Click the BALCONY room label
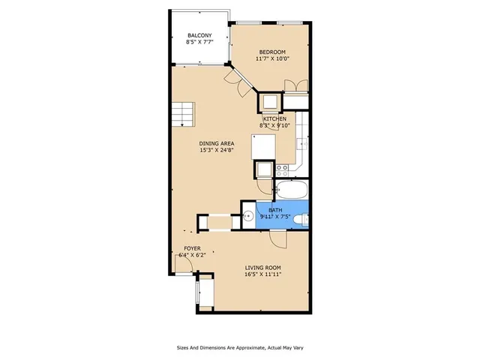[199, 35]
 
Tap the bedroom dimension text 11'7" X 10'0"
[271, 58]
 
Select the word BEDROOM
[271, 51]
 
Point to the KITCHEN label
[274, 119]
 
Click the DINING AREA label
[217, 143]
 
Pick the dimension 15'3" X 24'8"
[217, 150]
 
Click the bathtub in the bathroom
[291, 188]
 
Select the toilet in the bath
[299, 219]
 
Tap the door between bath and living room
[278, 240]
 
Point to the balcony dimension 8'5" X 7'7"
[199, 42]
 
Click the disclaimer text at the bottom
[239, 347]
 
